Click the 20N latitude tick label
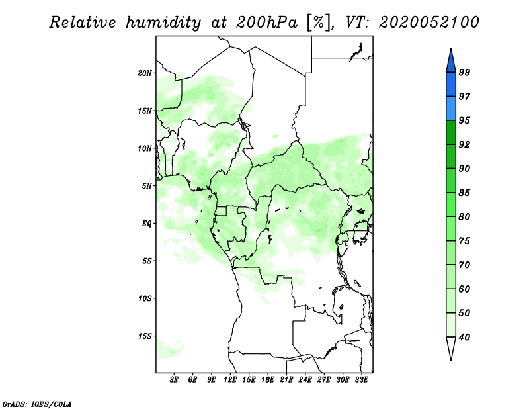(x=145, y=73)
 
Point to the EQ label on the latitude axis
(x=147, y=224)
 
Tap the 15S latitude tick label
(x=145, y=336)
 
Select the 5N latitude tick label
(x=147, y=186)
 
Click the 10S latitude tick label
(x=145, y=298)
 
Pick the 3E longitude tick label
(x=174, y=379)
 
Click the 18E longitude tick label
(x=268, y=379)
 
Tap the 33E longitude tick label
(x=361, y=379)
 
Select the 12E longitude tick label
(x=230, y=379)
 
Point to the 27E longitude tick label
(x=324, y=379)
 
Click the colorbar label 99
(x=464, y=72)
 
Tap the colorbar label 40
(x=464, y=337)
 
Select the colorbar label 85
(x=464, y=193)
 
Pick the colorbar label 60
(x=464, y=289)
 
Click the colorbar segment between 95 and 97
(x=451, y=109)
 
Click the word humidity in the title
(x=163, y=23)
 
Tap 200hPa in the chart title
(x=267, y=23)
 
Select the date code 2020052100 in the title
(x=428, y=23)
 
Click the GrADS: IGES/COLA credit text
(x=37, y=404)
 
